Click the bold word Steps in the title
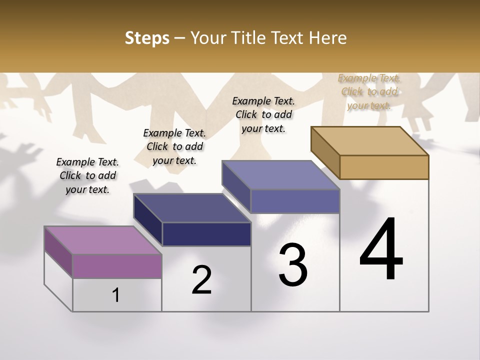point(147,38)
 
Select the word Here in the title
point(328,38)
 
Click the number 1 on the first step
point(116,295)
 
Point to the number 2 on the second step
point(201,280)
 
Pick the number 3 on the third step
point(292,265)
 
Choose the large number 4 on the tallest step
point(381,250)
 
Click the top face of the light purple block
point(103,240)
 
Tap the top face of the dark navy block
point(192,208)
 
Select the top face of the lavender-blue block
point(281,175)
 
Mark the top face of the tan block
point(370,141)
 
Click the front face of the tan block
point(384,167)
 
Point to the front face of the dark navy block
point(206,234)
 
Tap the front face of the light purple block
point(117,265)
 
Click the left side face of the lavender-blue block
point(236,188)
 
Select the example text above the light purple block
point(87,175)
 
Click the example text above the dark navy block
point(174,146)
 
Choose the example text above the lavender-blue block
point(263,114)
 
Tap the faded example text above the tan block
point(369,91)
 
